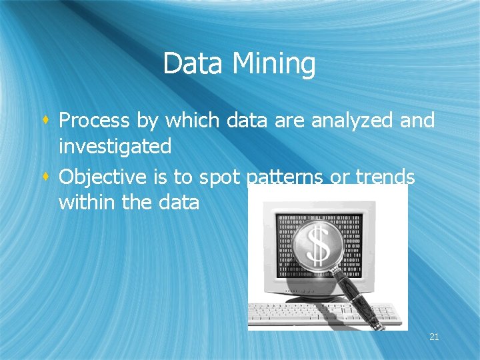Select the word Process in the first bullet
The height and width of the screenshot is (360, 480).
coord(94,121)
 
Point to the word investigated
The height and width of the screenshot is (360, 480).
coord(115,146)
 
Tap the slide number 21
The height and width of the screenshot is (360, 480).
coord(434,337)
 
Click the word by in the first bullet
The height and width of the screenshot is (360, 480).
coord(147,121)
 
